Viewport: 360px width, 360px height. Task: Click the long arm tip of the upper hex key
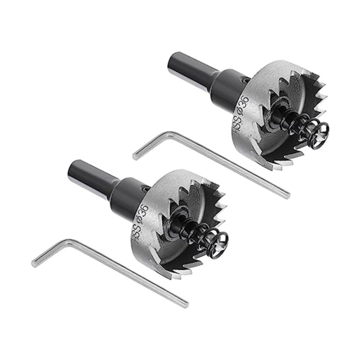[x=287, y=195]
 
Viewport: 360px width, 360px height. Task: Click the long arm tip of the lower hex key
[x=185, y=303]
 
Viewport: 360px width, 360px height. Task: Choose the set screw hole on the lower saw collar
[x=145, y=188]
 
